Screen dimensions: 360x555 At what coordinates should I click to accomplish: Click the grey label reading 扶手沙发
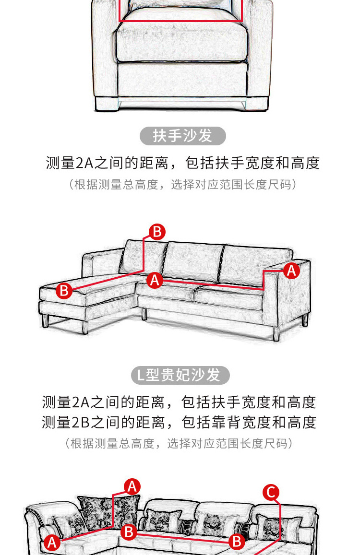click(x=182, y=136)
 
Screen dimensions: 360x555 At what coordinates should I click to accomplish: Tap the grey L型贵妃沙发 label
click(x=180, y=375)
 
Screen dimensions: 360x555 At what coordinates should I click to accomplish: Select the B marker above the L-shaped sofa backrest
click(x=157, y=232)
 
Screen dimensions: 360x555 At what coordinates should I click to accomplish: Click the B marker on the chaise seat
click(x=64, y=291)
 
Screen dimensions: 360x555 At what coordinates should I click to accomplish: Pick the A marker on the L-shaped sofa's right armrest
click(x=291, y=271)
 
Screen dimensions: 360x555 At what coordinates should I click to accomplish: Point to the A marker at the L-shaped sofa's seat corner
click(x=155, y=280)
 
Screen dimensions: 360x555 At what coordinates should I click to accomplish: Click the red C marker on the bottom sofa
click(x=271, y=492)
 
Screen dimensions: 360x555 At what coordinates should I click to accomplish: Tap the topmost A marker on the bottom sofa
click(x=132, y=487)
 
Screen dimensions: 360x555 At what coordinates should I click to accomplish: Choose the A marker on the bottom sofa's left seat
click(x=52, y=542)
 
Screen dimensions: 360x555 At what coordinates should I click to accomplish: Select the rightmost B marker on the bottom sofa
click(x=237, y=542)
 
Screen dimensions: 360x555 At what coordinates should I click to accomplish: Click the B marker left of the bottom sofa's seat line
click(x=129, y=532)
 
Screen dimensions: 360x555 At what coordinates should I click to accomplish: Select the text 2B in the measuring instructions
click(x=81, y=423)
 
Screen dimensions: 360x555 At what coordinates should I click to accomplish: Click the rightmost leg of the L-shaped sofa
click(x=305, y=319)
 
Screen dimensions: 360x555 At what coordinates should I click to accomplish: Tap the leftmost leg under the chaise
click(x=45, y=320)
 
